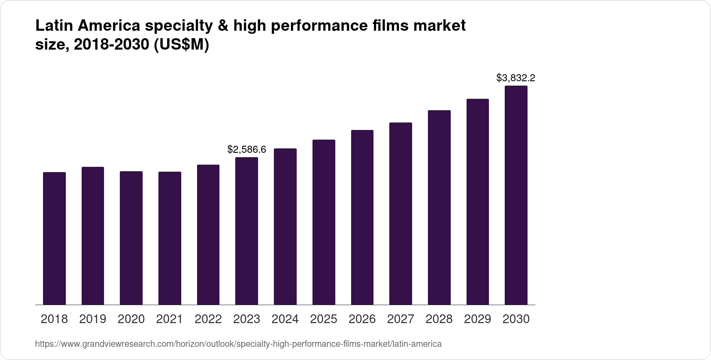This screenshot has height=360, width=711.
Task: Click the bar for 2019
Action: (x=93, y=236)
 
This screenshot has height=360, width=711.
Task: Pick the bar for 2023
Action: (x=247, y=231)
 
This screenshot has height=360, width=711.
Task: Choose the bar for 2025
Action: (x=323, y=222)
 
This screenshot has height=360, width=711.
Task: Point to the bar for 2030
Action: (x=516, y=195)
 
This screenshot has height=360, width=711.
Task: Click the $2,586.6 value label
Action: (x=247, y=150)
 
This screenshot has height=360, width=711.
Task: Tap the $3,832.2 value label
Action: (x=516, y=78)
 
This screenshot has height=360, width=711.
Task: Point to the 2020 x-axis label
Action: (x=131, y=319)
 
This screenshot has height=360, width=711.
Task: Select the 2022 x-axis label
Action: (x=208, y=319)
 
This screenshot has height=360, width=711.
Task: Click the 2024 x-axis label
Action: (x=285, y=319)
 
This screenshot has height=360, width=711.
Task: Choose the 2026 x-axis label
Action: (x=362, y=319)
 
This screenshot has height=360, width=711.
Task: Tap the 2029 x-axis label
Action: (x=478, y=319)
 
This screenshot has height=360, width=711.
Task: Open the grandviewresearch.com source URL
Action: (x=238, y=344)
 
